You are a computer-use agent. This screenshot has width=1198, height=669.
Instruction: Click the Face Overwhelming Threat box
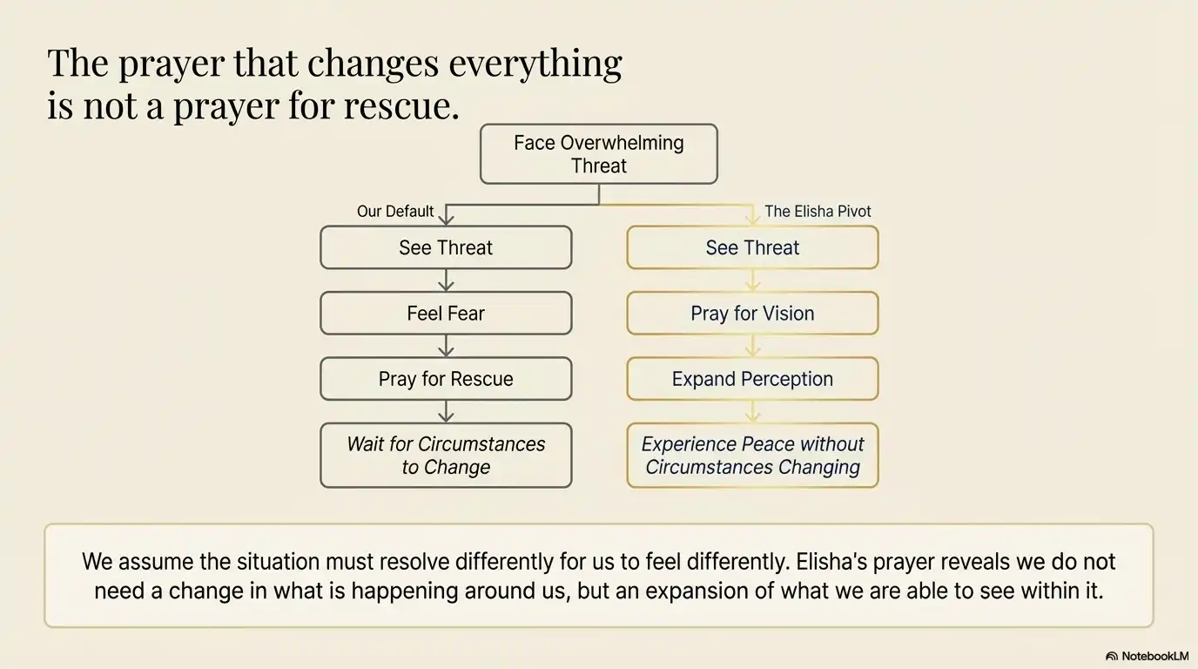click(599, 154)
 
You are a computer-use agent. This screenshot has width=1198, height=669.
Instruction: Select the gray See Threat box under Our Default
click(446, 247)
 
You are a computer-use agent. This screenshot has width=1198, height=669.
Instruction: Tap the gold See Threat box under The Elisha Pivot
click(752, 247)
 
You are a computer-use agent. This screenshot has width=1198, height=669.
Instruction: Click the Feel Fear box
click(446, 314)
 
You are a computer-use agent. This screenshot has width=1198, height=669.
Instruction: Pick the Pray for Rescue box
click(446, 379)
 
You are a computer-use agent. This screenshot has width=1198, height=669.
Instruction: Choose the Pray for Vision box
click(752, 314)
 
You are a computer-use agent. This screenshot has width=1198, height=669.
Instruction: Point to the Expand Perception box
click(752, 379)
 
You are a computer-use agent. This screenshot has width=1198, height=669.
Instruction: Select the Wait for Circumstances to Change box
click(446, 456)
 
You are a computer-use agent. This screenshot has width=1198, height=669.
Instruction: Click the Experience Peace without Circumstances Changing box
click(752, 456)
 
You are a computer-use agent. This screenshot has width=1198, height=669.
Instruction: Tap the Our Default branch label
click(395, 212)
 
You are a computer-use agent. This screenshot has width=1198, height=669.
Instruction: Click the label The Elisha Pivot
click(818, 212)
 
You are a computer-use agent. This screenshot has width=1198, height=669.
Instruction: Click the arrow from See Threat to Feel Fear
click(446, 280)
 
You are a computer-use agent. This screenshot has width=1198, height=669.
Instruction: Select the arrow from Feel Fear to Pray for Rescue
click(446, 346)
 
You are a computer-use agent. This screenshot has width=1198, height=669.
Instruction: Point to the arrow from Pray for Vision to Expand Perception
click(752, 346)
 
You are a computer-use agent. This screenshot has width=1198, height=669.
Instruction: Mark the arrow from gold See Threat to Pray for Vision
click(752, 280)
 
